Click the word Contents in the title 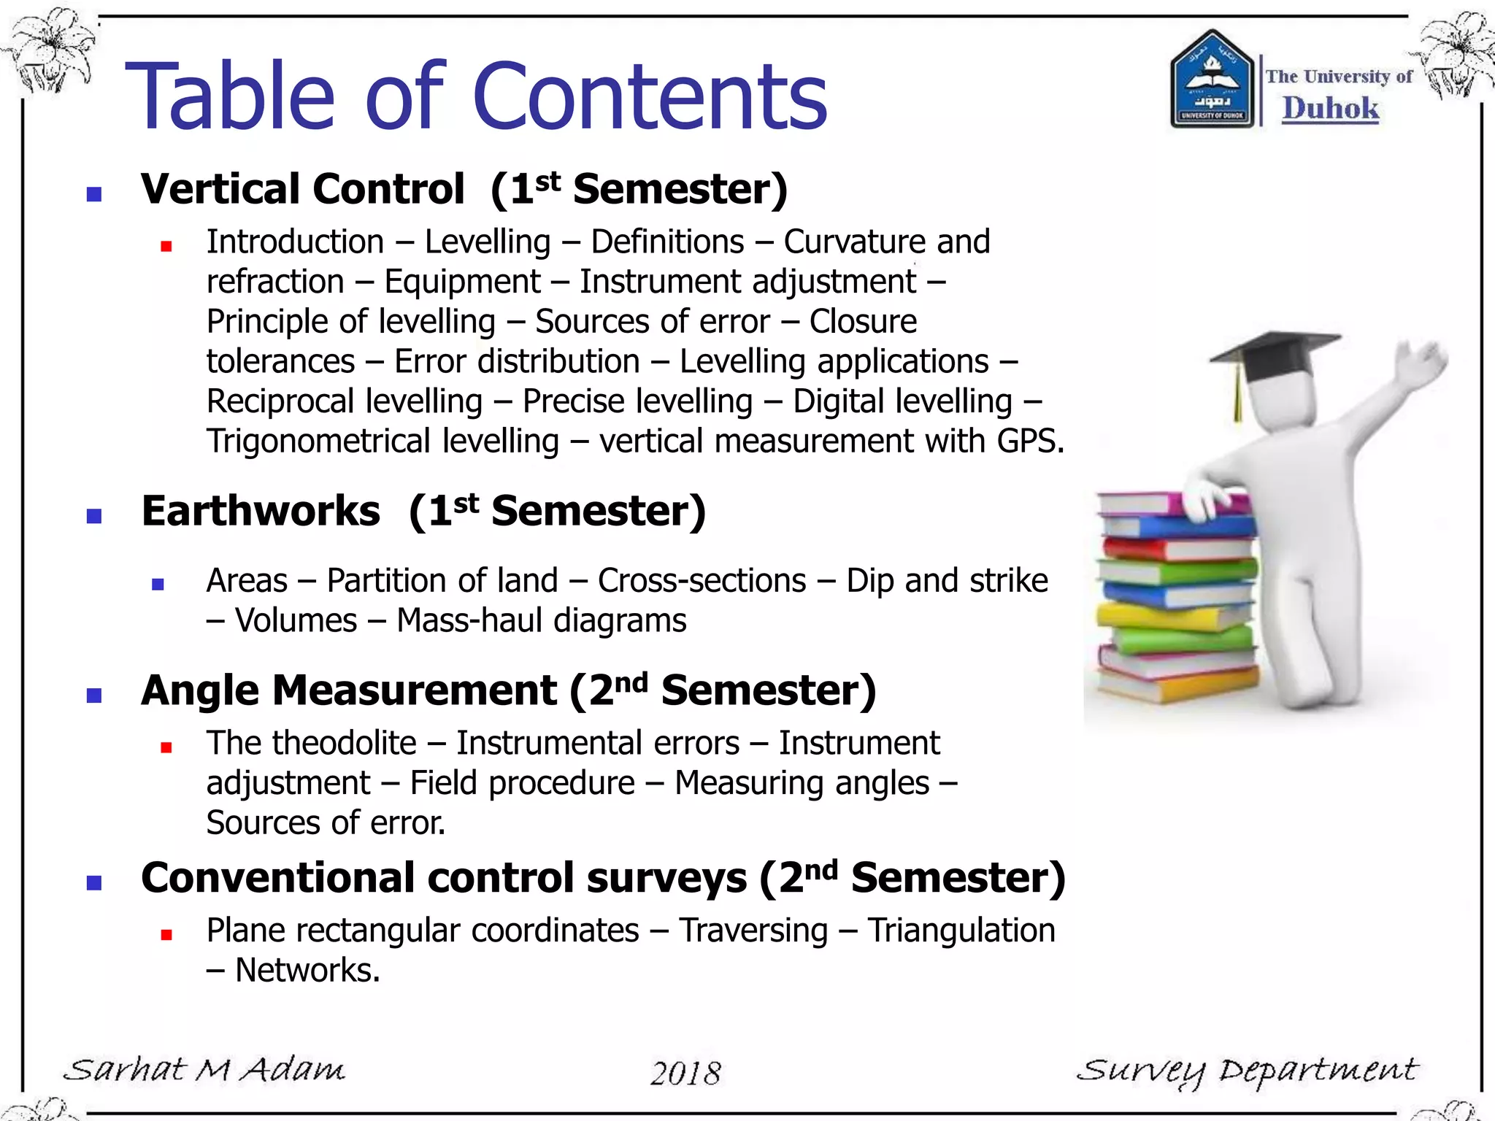coord(650,97)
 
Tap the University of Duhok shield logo coord(1212,80)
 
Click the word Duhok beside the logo coord(1330,108)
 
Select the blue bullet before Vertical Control coord(93,193)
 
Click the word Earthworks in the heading coord(261,511)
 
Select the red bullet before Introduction coord(166,246)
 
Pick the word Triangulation coord(961,931)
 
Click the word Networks coord(307,971)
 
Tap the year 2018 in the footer coord(685,1073)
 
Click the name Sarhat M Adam coord(204,1070)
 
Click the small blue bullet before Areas coord(158,584)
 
